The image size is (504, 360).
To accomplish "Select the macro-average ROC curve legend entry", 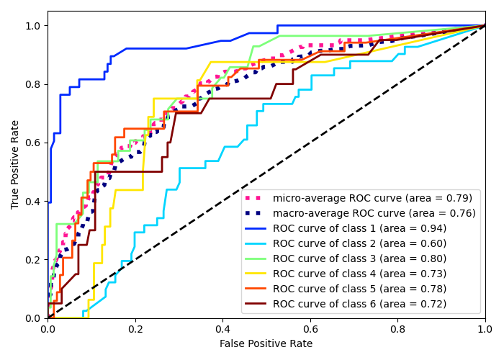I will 374,213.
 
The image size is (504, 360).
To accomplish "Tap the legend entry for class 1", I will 359,228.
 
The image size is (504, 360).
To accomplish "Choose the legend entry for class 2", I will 359,243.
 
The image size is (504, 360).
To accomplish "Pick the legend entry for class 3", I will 359,258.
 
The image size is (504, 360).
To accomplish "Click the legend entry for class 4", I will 359,274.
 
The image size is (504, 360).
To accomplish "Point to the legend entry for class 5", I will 359,289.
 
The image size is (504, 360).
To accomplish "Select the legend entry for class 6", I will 359,304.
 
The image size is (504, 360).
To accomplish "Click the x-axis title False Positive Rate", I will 266,344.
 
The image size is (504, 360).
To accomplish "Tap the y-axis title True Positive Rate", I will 15,164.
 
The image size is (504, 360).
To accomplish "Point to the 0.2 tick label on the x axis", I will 135,330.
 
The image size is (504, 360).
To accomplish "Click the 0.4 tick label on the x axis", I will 222,330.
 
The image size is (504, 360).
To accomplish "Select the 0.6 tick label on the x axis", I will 310,330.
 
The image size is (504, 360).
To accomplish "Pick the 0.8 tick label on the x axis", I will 397,330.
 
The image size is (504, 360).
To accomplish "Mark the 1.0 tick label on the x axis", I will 485,330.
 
